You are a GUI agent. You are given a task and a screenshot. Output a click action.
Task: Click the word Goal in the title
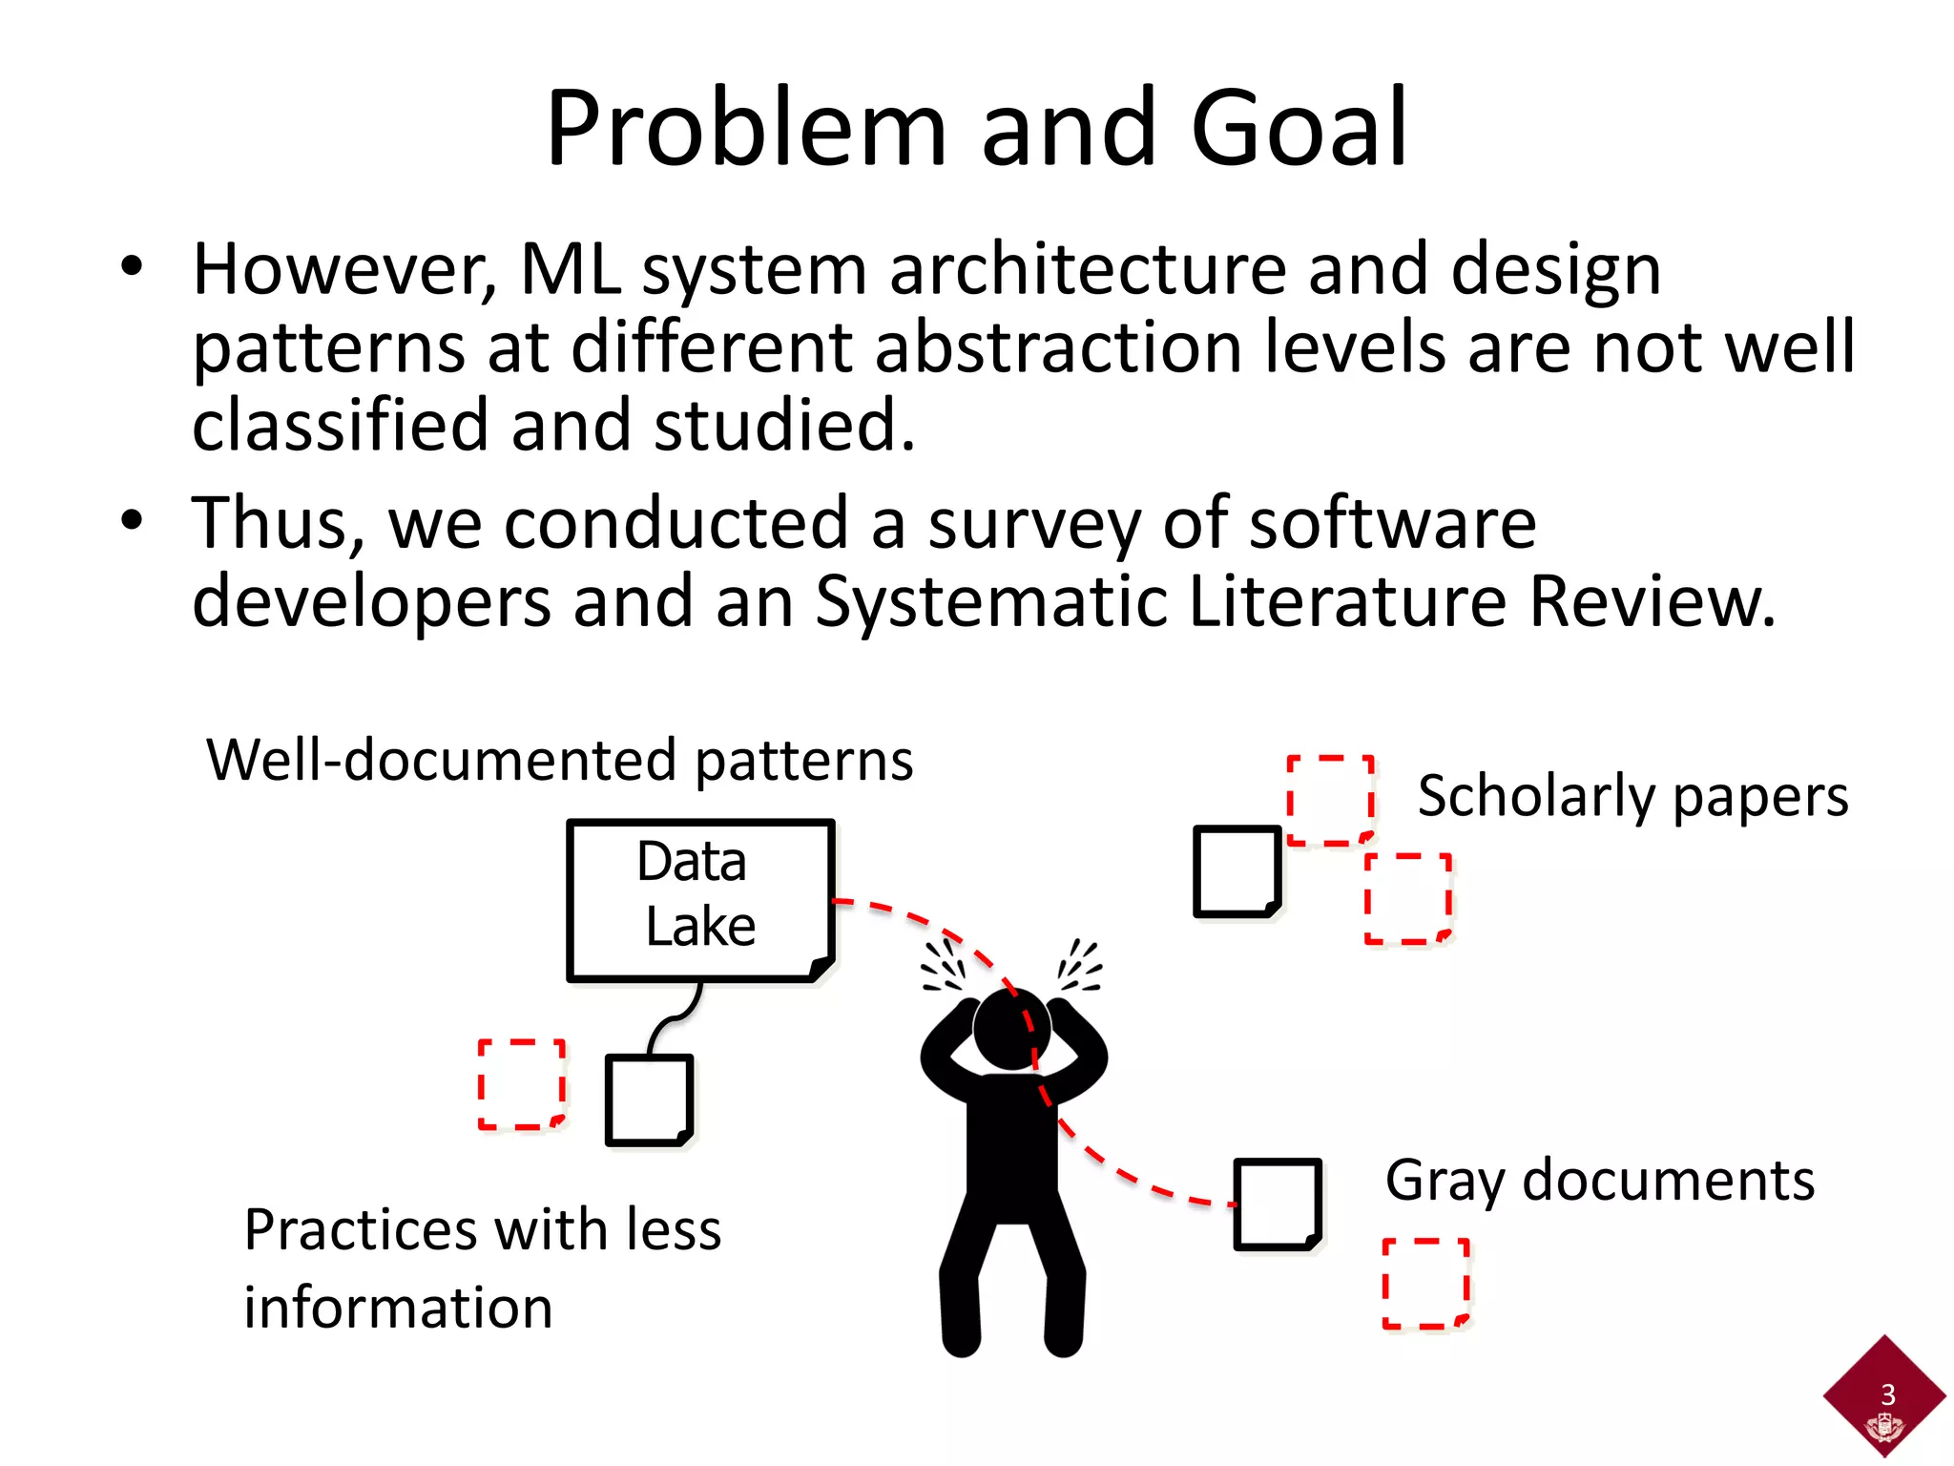(x=1299, y=129)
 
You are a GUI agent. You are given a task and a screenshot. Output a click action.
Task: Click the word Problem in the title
(x=745, y=129)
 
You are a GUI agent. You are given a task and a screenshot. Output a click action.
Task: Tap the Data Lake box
(x=700, y=899)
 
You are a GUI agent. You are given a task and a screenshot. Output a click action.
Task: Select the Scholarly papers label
(x=1632, y=796)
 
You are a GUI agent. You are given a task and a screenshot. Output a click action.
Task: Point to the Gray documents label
(x=1599, y=1181)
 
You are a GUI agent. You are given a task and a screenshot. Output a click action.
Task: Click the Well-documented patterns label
(x=560, y=761)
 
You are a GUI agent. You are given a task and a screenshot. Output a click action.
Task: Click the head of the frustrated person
(x=1011, y=1029)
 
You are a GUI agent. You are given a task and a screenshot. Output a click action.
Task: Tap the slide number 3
(x=1887, y=1394)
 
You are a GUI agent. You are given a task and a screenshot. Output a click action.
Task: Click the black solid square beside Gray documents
(x=1277, y=1204)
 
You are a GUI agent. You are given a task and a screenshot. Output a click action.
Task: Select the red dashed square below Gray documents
(x=1425, y=1283)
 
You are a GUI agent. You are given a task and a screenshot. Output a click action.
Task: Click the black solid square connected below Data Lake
(x=649, y=1099)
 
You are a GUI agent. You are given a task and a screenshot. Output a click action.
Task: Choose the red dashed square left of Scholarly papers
(x=1330, y=801)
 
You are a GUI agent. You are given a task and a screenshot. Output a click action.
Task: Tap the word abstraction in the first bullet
(x=1058, y=347)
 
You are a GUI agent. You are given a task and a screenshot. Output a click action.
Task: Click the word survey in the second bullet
(x=1033, y=524)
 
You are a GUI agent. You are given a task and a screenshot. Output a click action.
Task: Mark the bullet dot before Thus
(x=132, y=520)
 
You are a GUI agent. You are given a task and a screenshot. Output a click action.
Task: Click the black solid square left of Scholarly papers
(x=1237, y=871)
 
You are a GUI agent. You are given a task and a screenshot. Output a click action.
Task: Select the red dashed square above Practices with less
(x=522, y=1084)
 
